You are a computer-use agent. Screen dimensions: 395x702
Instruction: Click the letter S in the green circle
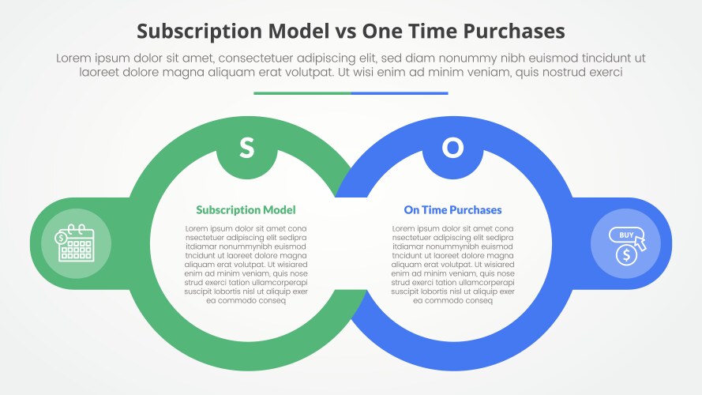pyautogui.click(x=246, y=148)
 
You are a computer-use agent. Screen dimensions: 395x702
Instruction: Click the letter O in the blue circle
pyautogui.click(x=452, y=148)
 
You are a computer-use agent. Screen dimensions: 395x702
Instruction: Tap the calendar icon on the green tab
pyautogui.click(x=76, y=243)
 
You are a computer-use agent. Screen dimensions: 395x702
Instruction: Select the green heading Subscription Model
pyautogui.click(x=246, y=210)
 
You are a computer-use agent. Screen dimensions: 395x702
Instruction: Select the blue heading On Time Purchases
pyautogui.click(x=452, y=210)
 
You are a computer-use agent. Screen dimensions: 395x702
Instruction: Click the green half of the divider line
pyautogui.click(x=302, y=93)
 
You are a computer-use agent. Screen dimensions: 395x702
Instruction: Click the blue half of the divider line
pyautogui.click(x=400, y=93)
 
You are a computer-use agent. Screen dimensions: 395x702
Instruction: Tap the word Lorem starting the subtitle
pyautogui.click(x=74, y=58)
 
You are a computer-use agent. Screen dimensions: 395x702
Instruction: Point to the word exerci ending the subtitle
pyautogui.click(x=603, y=72)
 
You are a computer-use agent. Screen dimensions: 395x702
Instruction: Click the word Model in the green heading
pyautogui.click(x=280, y=210)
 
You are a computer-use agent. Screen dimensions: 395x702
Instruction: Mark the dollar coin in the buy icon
pyautogui.click(x=626, y=255)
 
